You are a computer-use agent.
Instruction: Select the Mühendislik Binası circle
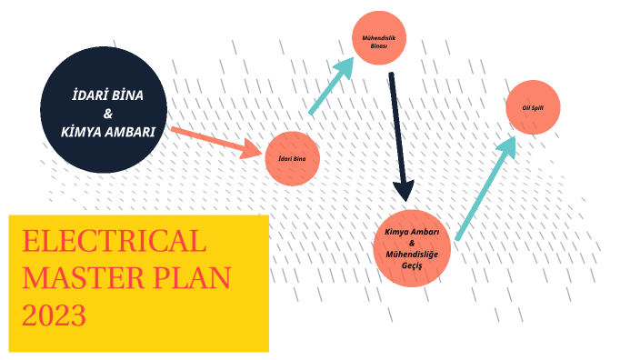[x=378, y=37]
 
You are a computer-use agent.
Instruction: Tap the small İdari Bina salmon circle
[x=292, y=158]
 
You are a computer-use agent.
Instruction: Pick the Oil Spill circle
[x=533, y=107]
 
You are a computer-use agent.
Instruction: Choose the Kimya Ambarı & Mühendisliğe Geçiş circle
[x=412, y=246]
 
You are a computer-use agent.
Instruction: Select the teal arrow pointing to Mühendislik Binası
[x=332, y=85]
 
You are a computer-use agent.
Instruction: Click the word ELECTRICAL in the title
[x=114, y=242]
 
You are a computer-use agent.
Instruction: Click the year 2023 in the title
[x=55, y=315]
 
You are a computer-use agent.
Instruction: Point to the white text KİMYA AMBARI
[x=107, y=132]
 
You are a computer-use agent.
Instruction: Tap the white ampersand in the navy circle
[x=108, y=114]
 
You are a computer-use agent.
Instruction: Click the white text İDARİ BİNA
[x=107, y=95]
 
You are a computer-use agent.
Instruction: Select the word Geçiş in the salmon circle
[x=413, y=265]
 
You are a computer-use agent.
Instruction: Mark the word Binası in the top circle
[x=378, y=45]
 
